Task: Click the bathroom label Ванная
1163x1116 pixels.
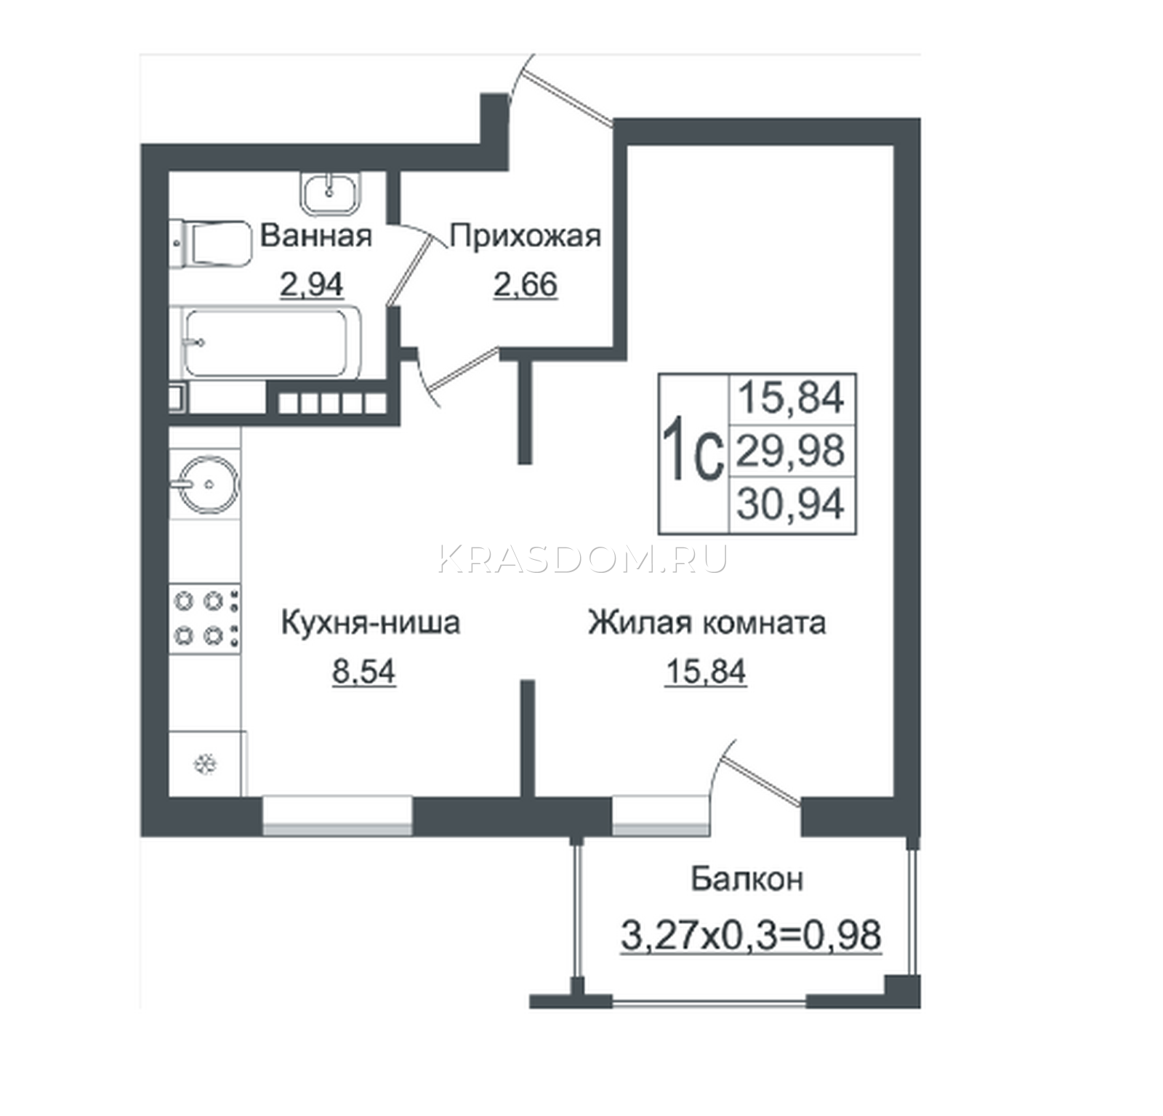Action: pyautogui.click(x=316, y=236)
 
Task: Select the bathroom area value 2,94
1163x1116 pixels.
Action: pyautogui.click(x=311, y=284)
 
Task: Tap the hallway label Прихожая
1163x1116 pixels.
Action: pyautogui.click(x=526, y=236)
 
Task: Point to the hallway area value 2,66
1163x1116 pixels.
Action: pyautogui.click(x=526, y=284)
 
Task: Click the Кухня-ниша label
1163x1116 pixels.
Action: pyautogui.click(x=370, y=623)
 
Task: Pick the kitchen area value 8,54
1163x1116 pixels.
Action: pyautogui.click(x=363, y=671)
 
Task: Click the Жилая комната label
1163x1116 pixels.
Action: pyautogui.click(x=707, y=623)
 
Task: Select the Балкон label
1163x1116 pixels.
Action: pyautogui.click(x=747, y=878)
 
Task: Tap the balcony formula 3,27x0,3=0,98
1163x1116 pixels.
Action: pyautogui.click(x=751, y=934)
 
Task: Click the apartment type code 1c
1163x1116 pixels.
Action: pyautogui.click(x=693, y=451)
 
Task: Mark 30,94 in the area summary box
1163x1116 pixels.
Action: pyautogui.click(x=791, y=503)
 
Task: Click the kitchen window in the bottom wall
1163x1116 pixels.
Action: pyautogui.click(x=337, y=815)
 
